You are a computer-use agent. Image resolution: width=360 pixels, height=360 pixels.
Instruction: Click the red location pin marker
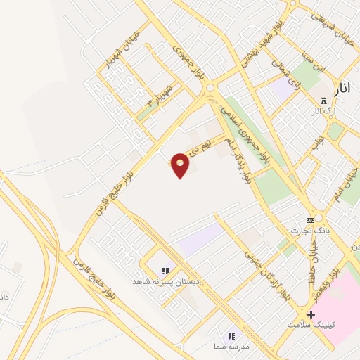pyautogui.click(x=181, y=165)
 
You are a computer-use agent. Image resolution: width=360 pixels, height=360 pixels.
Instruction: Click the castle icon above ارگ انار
pyautogui.click(x=323, y=101)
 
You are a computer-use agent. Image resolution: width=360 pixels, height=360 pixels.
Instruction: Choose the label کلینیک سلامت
pyautogui.click(x=311, y=325)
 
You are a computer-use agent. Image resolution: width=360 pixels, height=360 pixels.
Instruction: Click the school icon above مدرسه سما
pyautogui.click(x=231, y=336)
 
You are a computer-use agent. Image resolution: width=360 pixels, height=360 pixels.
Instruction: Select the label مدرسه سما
pyautogui.click(x=231, y=347)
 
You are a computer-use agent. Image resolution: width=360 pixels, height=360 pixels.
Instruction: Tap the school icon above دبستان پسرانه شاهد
pyautogui.click(x=166, y=271)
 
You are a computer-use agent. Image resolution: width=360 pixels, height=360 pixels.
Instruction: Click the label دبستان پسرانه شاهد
pyautogui.click(x=167, y=281)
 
